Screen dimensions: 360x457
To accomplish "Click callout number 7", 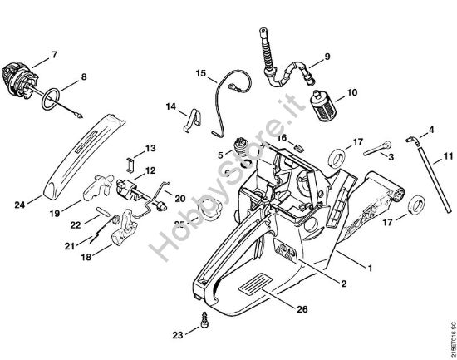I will coord(55,55).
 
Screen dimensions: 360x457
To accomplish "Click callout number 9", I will coord(327,57).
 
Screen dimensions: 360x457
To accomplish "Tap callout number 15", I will coord(200,74).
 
